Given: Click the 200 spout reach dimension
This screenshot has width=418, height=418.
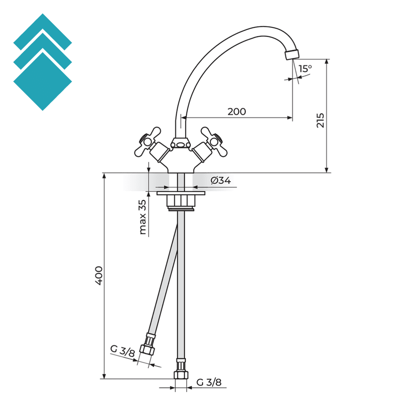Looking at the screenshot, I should coord(237,111).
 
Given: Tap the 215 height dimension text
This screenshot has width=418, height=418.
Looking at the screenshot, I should coord(320,120).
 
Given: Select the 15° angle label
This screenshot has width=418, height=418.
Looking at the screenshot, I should coord(305,69).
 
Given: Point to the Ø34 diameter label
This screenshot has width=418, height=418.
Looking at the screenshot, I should coord(221,180).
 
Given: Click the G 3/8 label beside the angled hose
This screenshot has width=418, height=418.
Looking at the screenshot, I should coord(122,351).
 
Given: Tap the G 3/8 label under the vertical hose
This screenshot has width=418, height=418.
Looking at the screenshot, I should coord(209,382).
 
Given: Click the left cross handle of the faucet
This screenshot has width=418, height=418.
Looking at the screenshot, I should coord(147,140).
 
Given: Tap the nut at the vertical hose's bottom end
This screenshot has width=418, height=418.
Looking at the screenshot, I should coord(181,375).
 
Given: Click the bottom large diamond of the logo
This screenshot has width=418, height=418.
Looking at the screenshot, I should coord(42,82).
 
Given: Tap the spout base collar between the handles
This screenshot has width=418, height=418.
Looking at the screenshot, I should coord(180,143).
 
